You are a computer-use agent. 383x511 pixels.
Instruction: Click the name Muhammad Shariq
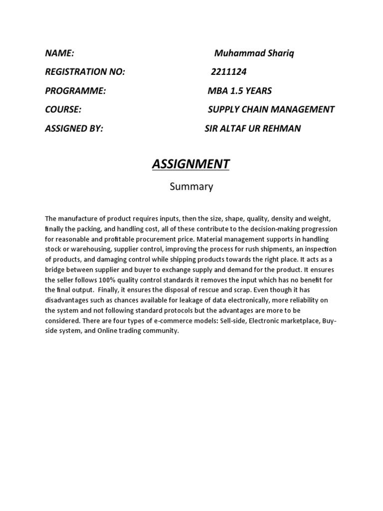(x=254, y=53)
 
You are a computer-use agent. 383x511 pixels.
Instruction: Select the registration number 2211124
(x=228, y=72)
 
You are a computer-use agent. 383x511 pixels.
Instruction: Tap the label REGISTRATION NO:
(x=85, y=72)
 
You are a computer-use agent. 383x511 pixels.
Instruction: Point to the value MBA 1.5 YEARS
(x=239, y=91)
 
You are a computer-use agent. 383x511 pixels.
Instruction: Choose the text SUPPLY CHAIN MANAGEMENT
(x=271, y=109)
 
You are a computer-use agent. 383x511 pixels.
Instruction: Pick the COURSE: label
(x=63, y=109)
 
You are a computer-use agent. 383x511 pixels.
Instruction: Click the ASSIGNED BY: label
(x=74, y=128)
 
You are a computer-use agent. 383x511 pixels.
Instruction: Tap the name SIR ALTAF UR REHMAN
(x=253, y=128)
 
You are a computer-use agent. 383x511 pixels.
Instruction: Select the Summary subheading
(x=191, y=187)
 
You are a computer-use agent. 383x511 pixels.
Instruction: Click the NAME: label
(x=60, y=53)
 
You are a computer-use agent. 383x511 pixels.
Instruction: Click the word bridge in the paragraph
(x=55, y=270)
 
